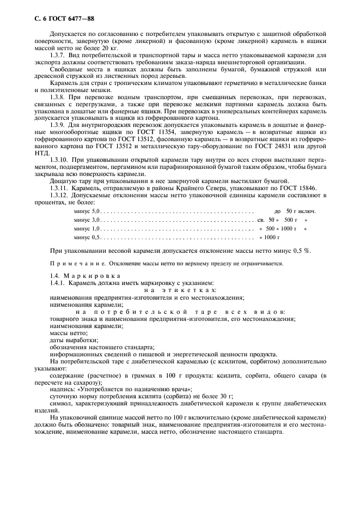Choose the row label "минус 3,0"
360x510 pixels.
(87, 220)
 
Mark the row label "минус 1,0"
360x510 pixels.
(87, 229)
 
